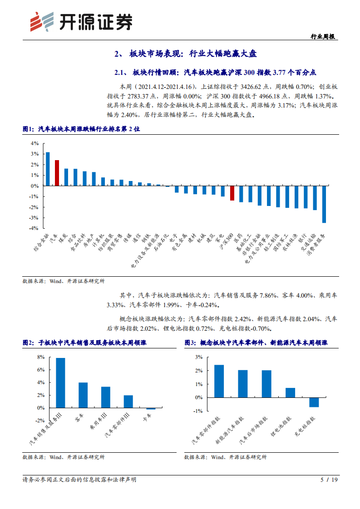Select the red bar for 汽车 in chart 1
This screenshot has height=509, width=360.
coord(57,173)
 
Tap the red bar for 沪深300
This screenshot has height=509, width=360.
coord(232,193)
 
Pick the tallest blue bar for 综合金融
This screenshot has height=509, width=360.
coord(48,169)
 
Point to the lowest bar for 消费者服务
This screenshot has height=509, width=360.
coord(324,204)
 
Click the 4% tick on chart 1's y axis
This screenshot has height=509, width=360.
coord(35,143)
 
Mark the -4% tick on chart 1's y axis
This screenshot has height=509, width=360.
coord(34,229)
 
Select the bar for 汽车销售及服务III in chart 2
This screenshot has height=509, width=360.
coord(60,383)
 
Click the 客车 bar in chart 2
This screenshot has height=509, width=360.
coord(83,395)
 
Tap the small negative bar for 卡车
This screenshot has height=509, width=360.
coord(151,409)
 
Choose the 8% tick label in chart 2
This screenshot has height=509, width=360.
coord(41,357)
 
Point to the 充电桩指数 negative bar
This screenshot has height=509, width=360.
coord(314,402)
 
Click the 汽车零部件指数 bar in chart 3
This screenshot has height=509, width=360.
coord(219,381)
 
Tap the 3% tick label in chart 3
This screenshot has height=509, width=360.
coord(198,357)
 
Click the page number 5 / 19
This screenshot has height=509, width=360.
coord(330,480)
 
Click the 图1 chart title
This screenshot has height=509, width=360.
coord(82,129)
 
